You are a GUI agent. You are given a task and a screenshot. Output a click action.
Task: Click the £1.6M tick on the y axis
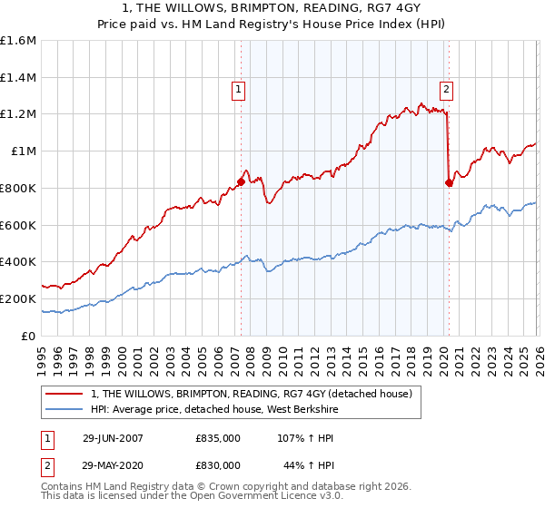click(x=18, y=41)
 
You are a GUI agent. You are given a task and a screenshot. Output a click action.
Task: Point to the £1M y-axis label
click(x=24, y=151)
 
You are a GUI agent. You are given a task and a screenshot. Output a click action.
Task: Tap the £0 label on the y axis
click(x=29, y=336)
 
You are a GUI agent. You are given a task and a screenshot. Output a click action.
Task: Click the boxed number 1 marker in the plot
click(x=238, y=89)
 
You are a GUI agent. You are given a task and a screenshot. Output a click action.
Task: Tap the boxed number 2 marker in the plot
click(x=447, y=89)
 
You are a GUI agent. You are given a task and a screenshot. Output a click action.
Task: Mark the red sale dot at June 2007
click(x=241, y=181)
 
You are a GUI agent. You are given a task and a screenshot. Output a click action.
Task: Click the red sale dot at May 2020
click(x=448, y=182)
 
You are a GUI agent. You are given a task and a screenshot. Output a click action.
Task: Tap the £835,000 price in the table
click(x=218, y=437)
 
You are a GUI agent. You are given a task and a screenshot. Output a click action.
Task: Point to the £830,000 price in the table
click(x=218, y=464)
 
